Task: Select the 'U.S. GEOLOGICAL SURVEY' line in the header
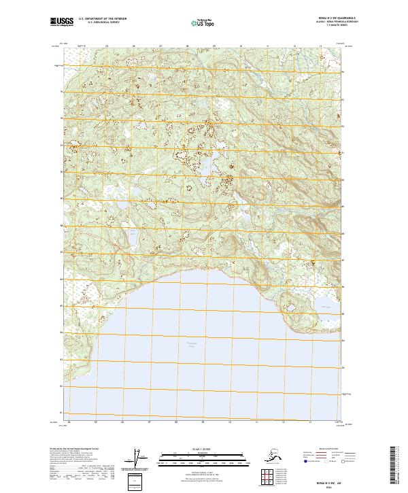coord(102,23)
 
